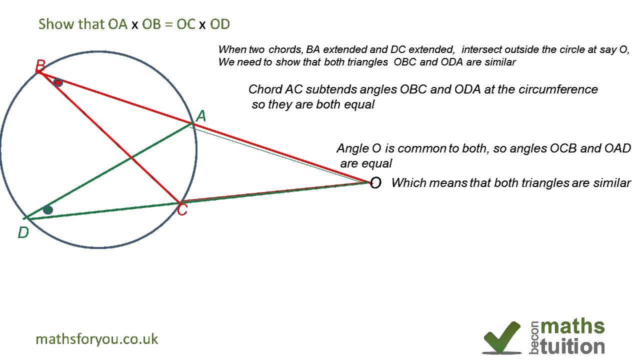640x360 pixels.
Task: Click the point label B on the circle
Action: click(40, 65)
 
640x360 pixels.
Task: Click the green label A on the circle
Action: click(201, 116)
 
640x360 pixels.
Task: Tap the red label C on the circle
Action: click(182, 210)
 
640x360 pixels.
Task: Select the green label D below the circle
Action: click(23, 232)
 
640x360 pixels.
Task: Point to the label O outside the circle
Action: click(375, 183)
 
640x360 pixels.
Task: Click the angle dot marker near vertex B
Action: click(58, 82)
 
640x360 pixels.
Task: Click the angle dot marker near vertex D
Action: click(47, 210)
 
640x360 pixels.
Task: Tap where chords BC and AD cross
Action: click(131, 158)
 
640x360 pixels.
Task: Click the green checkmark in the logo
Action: click(501, 336)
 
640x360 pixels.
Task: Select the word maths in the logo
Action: click(572, 326)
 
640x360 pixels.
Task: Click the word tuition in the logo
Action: click(572, 346)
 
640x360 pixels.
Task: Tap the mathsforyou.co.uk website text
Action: click(97, 339)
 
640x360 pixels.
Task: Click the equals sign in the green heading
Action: click(168, 24)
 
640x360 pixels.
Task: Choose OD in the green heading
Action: click(220, 24)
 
